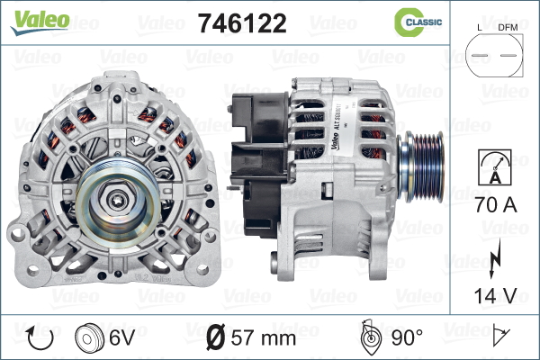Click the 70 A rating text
pos(493,205)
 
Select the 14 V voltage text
pos(493,296)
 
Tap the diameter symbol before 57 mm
pos(216,338)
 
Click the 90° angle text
pos(406,338)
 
